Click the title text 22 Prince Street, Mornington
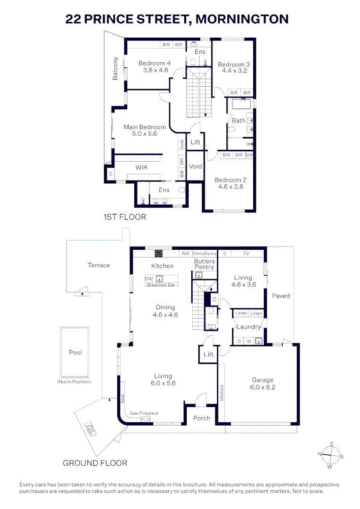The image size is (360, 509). tap(177, 19)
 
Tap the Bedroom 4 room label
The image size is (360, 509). tap(155, 64)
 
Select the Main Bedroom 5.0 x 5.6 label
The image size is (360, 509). tap(145, 130)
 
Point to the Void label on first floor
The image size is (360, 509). tap(195, 166)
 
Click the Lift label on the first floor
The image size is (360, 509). tap(195, 142)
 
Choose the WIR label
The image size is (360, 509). tap(142, 167)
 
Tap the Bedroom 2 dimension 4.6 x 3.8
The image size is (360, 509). tap(230, 186)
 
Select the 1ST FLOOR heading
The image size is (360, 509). tap(125, 217)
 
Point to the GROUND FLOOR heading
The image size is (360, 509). tap(95, 463)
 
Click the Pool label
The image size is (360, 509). tap(75, 353)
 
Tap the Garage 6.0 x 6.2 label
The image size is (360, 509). tap(262, 384)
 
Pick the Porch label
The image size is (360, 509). tap(202, 418)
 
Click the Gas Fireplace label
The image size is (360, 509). tap(145, 413)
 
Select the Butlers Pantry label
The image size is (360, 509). tap(205, 264)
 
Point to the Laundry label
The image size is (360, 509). tap(248, 327)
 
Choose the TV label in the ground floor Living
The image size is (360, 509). tap(246, 254)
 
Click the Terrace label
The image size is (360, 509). tap(98, 265)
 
